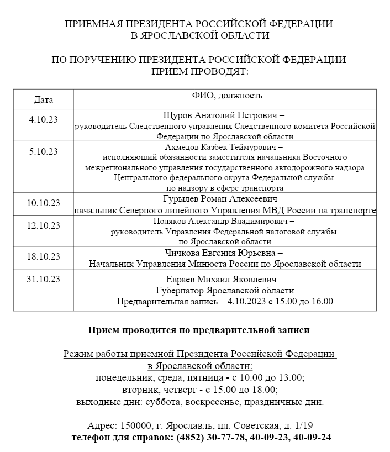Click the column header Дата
click(x=44, y=100)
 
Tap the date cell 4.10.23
click(x=44, y=119)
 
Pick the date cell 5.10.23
click(x=44, y=151)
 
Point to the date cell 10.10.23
click(x=43, y=203)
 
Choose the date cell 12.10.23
click(x=43, y=225)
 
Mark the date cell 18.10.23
click(x=43, y=256)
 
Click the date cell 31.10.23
click(x=43, y=278)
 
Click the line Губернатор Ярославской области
click(x=225, y=290)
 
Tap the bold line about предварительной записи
click(x=199, y=330)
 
